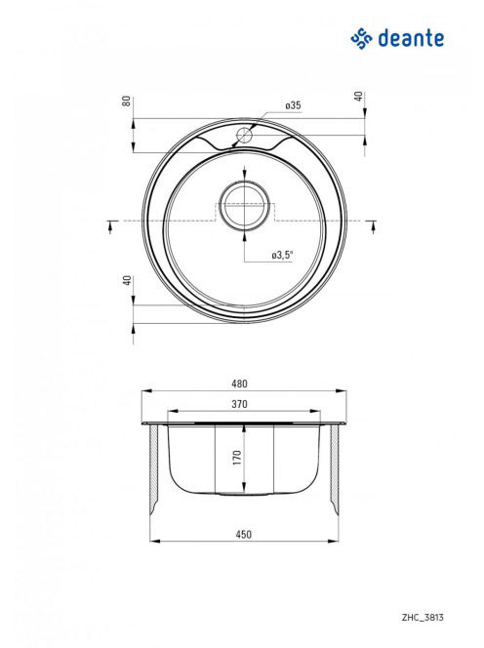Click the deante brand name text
(x=411, y=38)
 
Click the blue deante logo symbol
(x=362, y=38)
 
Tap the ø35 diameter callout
(x=293, y=105)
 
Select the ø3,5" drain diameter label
(x=283, y=256)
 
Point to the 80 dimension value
(x=127, y=101)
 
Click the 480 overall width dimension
(x=239, y=384)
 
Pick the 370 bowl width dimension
(x=239, y=404)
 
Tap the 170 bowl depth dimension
(x=237, y=458)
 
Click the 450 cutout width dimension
(x=243, y=535)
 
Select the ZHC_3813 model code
(x=423, y=618)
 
